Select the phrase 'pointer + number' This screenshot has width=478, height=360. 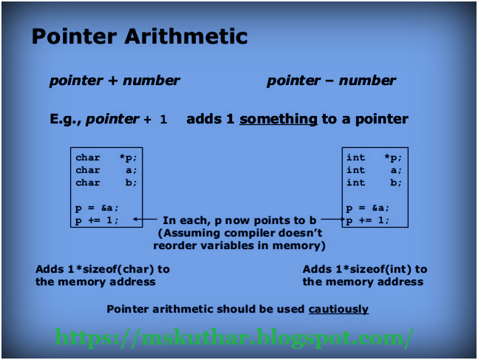point(115,81)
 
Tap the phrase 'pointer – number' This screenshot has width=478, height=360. point(331,81)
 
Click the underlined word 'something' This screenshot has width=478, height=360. point(279,119)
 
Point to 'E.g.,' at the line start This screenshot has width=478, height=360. point(65,119)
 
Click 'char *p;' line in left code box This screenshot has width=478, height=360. point(106,157)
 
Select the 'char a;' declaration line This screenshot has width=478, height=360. point(106,170)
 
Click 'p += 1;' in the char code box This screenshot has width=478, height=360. point(96,220)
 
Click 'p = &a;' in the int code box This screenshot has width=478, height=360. point(368,208)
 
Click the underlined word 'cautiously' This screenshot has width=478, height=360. point(338,309)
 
